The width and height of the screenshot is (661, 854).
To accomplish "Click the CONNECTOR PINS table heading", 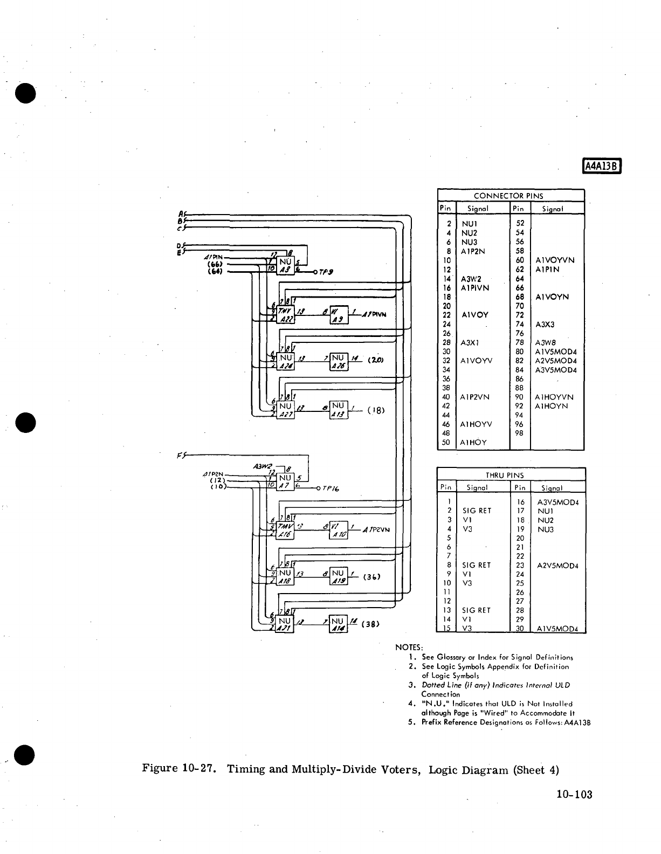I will click(x=508, y=196).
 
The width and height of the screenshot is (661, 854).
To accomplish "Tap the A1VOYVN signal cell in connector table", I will click(x=555, y=260).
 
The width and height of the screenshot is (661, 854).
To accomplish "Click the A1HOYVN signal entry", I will click(x=555, y=397).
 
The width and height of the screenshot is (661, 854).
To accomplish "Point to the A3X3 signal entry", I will click(x=545, y=325).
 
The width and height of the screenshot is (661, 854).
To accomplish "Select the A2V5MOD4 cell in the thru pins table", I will click(x=557, y=566).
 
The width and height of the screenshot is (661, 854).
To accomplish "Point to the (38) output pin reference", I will click(x=371, y=624).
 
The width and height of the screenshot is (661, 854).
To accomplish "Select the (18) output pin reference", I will click(x=376, y=410).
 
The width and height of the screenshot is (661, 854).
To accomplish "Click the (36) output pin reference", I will click(x=371, y=577).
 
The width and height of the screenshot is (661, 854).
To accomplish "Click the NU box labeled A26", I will click(x=339, y=361).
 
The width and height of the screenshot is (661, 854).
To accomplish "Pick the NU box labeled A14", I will click(x=338, y=624).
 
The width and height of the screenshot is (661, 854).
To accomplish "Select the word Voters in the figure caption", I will click(x=400, y=769).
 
